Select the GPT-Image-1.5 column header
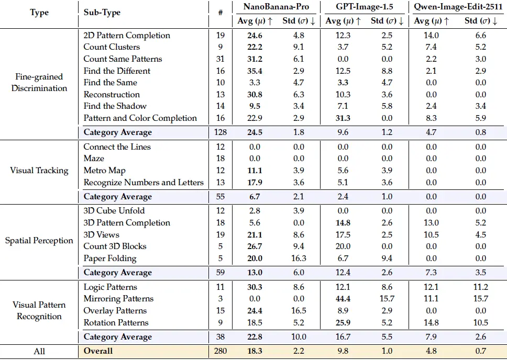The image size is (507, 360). (364, 7)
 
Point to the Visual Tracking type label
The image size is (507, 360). (39, 171)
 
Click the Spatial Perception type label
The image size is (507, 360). (39, 241)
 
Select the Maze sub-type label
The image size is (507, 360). (94, 159)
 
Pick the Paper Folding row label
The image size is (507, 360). (110, 258)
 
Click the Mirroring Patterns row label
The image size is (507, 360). (118, 299)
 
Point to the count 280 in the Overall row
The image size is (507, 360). (221, 351)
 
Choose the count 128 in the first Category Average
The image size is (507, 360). (221, 132)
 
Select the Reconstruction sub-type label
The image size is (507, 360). (112, 95)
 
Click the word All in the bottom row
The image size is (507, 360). (39, 351)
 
